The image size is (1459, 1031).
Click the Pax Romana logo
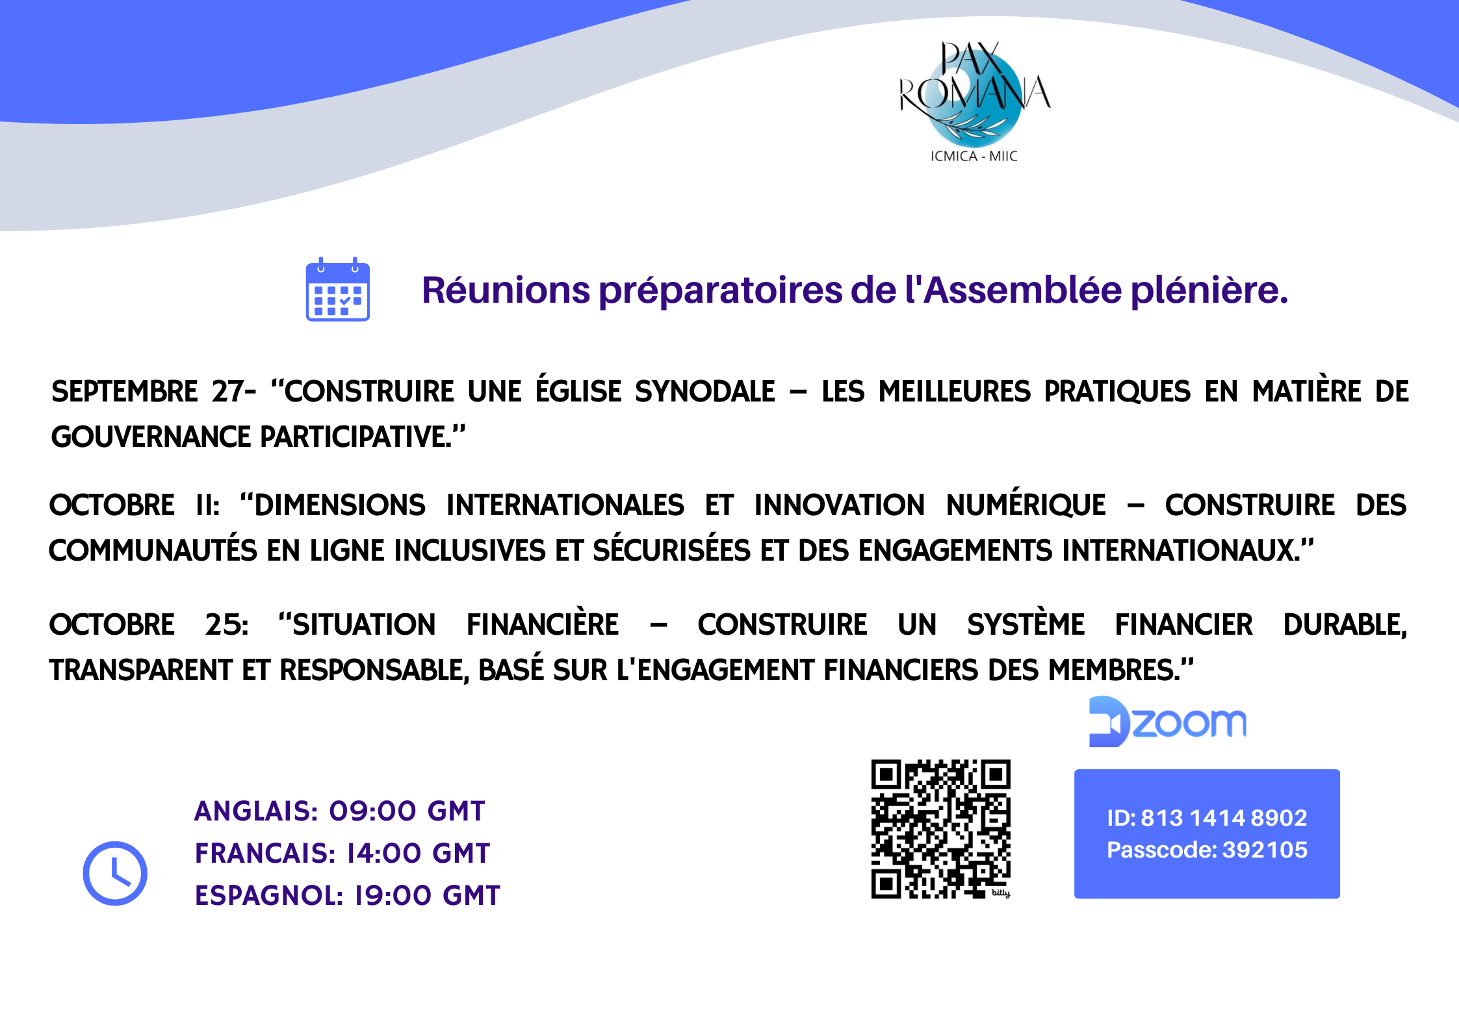[974, 101]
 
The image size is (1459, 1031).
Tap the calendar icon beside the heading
[338, 289]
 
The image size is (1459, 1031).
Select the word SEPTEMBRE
[125, 392]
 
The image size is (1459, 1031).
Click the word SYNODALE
[705, 392]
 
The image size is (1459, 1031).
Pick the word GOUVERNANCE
[150, 437]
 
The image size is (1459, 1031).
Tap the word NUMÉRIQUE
[1026, 504]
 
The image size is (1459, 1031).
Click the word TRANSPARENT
[140, 670]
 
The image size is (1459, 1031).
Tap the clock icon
[115, 873]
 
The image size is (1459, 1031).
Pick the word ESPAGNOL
[268, 896]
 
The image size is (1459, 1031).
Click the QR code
[941, 830]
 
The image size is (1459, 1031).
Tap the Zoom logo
[1168, 722]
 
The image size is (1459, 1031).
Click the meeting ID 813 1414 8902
[1224, 818]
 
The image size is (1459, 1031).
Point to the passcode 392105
[1265, 850]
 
